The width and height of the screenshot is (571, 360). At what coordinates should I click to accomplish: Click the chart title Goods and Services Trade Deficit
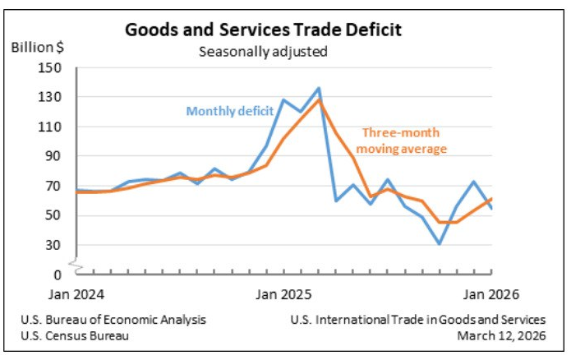pyautogui.click(x=263, y=30)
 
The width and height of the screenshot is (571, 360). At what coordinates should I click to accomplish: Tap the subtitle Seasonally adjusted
pyautogui.click(x=263, y=52)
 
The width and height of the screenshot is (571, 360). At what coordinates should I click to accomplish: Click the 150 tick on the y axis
pyautogui.click(x=53, y=67)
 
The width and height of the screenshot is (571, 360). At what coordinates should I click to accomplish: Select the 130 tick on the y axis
pyautogui.click(x=53, y=97)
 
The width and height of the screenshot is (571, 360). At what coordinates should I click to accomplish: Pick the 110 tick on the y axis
pyautogui.click(x=53, y=127)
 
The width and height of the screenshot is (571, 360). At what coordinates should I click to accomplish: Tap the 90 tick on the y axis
pyautogui.click(x=56, y=156)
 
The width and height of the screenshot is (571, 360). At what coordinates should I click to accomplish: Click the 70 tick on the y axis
pyautogui.click(x=56, y=186)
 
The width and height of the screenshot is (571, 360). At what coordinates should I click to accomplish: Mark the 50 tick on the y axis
pyautogui.click(x=56, y=215)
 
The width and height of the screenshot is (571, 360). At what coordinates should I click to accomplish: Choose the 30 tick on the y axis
pyautogui.click(x=56, y=245)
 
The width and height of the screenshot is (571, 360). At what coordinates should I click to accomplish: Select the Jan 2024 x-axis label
pyautogui.click(x=76, y=294)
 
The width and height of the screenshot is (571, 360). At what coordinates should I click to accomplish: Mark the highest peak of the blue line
pyautogui.click(x=318, y=88)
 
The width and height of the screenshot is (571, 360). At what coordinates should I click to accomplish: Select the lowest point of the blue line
pyautogui.click(x=440, y=244)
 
